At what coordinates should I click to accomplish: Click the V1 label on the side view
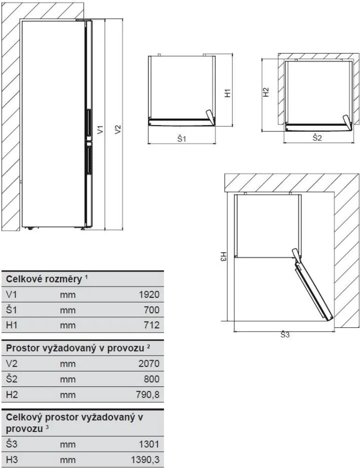[100, 129]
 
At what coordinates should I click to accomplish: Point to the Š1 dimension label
[182, 139]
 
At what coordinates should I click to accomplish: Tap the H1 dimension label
[228, 93]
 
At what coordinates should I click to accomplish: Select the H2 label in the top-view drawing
[266, 92]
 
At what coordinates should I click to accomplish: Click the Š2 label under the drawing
[317, 138]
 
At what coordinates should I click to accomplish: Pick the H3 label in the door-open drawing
[224, 257]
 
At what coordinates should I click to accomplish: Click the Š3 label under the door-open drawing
[285, 335]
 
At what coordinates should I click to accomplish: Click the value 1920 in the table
[149, 295]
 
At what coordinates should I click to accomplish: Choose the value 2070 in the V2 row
[149, 363]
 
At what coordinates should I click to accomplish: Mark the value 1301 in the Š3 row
[149, 444]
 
